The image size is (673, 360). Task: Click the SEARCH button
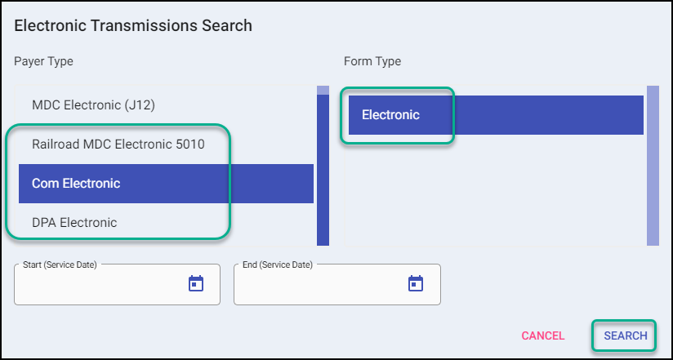click(x=625, y=336)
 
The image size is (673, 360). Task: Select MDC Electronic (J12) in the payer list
click(x=93, y=105)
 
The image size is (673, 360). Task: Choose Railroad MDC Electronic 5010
click(x=118, y=144)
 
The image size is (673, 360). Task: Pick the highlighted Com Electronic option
click(x=76, y=184)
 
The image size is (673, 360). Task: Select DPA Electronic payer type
click(x=74, y=222)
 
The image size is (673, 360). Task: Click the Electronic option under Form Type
click(x=390, y=115)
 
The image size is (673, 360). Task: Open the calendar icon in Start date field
click(x=196, y=283)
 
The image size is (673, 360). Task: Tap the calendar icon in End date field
click(x=416, y=283)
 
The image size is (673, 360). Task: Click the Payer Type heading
click(x=43, y=61)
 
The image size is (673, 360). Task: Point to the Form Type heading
click(x=372, y=61)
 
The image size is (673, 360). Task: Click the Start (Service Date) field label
click(x=60, y=264)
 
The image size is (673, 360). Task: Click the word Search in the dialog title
click(x=227, y=25)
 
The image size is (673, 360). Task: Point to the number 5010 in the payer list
click(x=189, y=144)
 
